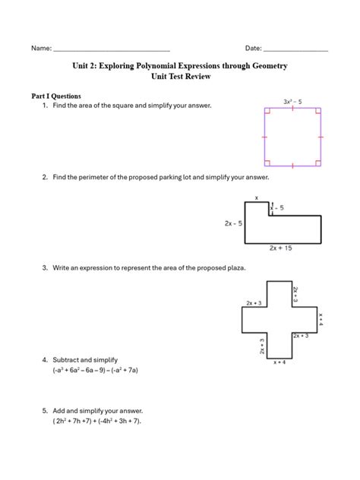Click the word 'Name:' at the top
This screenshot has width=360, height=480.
41,48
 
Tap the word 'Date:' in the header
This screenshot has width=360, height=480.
253,48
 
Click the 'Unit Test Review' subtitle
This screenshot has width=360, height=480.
179,77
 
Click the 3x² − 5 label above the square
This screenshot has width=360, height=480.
293,101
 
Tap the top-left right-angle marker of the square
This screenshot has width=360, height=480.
267,112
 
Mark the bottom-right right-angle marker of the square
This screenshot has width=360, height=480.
318,161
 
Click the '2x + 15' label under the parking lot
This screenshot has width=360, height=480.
282,248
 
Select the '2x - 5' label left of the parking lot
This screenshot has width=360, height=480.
233,224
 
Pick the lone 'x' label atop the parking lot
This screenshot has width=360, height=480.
257,197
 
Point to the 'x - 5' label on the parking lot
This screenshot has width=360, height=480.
277,207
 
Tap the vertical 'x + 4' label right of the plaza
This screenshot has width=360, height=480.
321,318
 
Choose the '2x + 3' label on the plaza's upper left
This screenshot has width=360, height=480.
254,303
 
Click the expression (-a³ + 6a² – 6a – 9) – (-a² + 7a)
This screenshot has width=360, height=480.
95,370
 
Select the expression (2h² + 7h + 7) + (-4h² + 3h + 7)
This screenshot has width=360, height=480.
97,421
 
